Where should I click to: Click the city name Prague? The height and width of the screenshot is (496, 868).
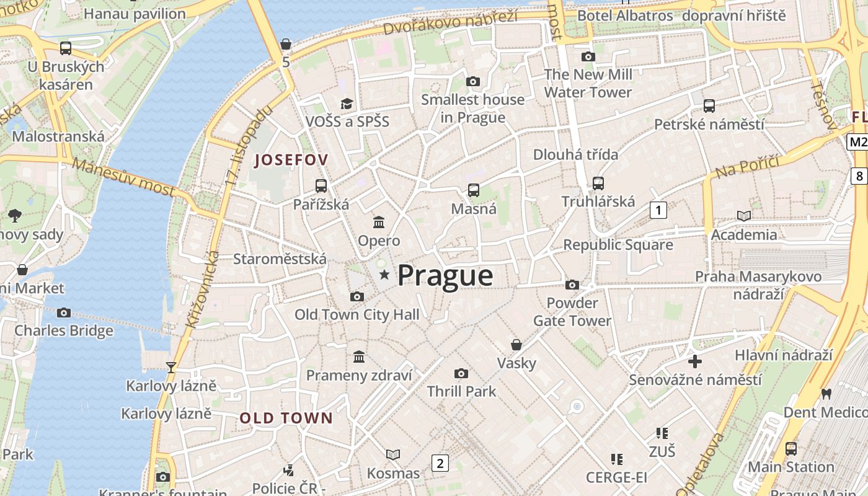click(445, 275)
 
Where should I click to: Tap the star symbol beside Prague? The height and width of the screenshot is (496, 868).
click(384, 274)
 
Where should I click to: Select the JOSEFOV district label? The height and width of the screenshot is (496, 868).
click(291, 160)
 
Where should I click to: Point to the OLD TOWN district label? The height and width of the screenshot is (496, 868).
click(286, 418)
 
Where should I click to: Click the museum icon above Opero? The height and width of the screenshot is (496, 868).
click(379, 222)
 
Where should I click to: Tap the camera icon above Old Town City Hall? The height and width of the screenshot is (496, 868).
click(356, 296)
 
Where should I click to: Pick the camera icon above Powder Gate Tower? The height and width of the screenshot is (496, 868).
click(572, 285)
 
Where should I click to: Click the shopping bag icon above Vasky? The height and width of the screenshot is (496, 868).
click(516, 344)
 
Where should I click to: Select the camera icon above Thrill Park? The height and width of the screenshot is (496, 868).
click(461, 373)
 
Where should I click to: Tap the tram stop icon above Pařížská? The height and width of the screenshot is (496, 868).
click(321, 185)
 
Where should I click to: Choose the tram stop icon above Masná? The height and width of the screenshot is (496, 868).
click(474, 190)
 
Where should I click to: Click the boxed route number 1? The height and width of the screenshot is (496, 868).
click(658, 210)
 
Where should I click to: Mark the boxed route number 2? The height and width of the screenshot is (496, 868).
click(440, 463)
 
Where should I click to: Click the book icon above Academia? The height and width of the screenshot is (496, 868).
click(743, 216)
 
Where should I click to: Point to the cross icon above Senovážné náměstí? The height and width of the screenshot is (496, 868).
click(694, 361)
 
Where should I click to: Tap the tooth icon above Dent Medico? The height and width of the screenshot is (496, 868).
click(825, 394)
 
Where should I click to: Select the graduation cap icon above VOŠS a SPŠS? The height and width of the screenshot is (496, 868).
click(347, 104)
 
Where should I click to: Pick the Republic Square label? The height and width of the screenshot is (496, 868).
click(618, 245)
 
